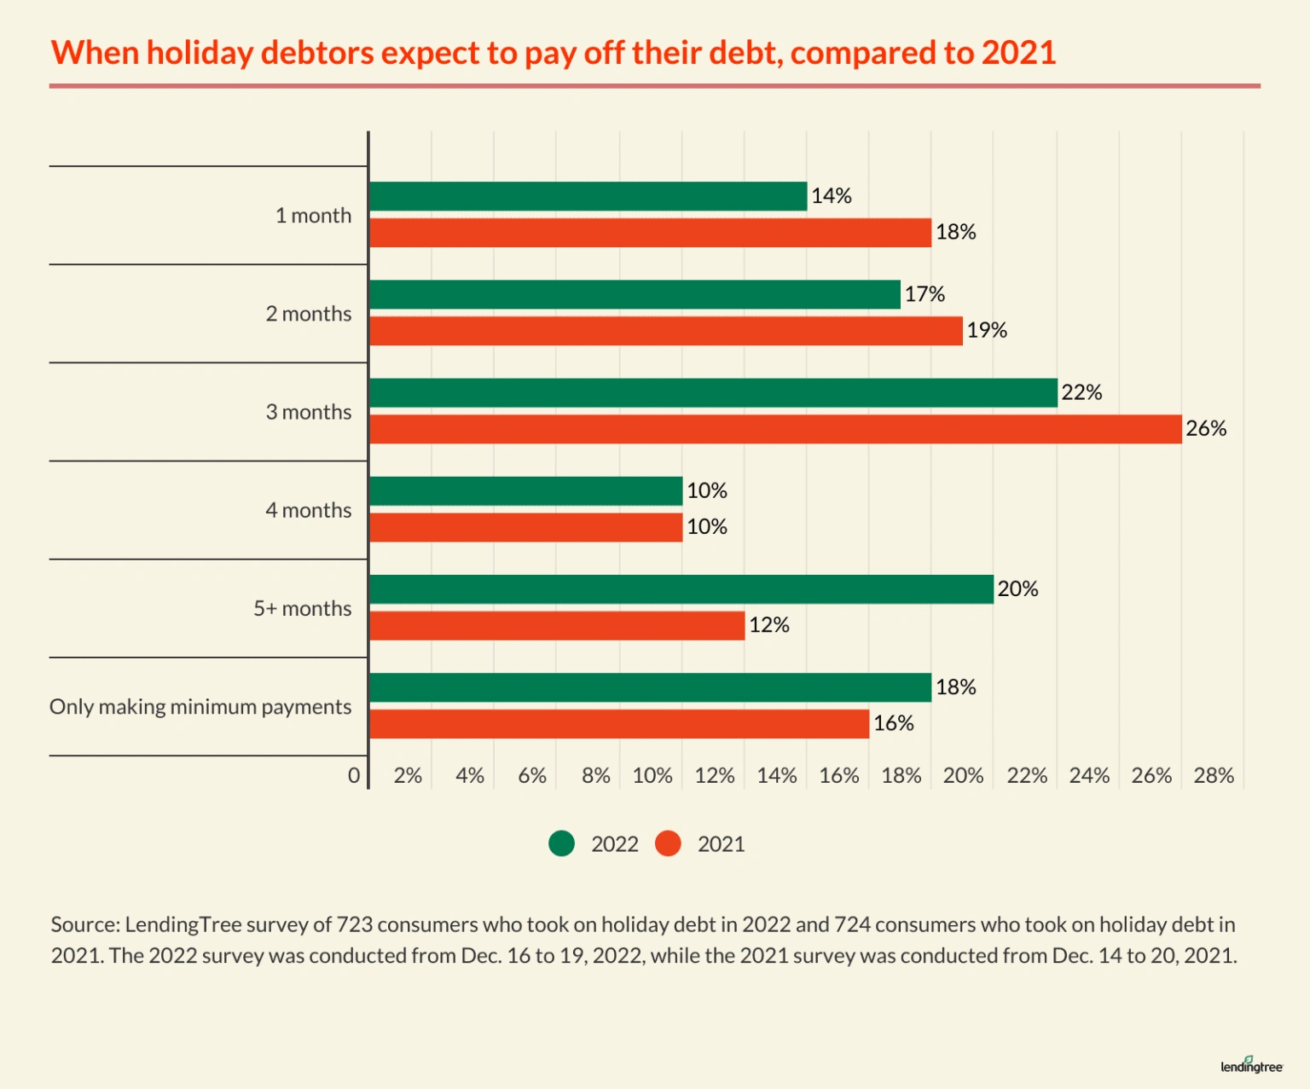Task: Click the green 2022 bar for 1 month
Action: pos(588,196)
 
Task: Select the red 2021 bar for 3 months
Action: pos(775,429)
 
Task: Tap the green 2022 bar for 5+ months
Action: pos(681,589)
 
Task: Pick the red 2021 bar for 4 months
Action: pos(526,527)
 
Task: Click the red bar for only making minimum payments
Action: pos(619,724)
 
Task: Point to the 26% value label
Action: pos(1206,429)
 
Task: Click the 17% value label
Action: pos(925,294)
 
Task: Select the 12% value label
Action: pos(768,625)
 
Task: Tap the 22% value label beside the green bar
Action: pos(1081,392)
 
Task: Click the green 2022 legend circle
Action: pos(562,843)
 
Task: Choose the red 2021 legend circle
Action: pos(669,843)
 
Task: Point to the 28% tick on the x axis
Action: pos(1214,775)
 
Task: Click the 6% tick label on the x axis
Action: pos(532,775)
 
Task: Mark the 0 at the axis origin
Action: pos(354,775)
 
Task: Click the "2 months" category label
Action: pos(308,314)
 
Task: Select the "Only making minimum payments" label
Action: pos(200,707)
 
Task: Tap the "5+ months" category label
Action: pos(302,609)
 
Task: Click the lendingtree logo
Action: pos(1251,1065)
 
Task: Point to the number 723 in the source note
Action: pos(354,924)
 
